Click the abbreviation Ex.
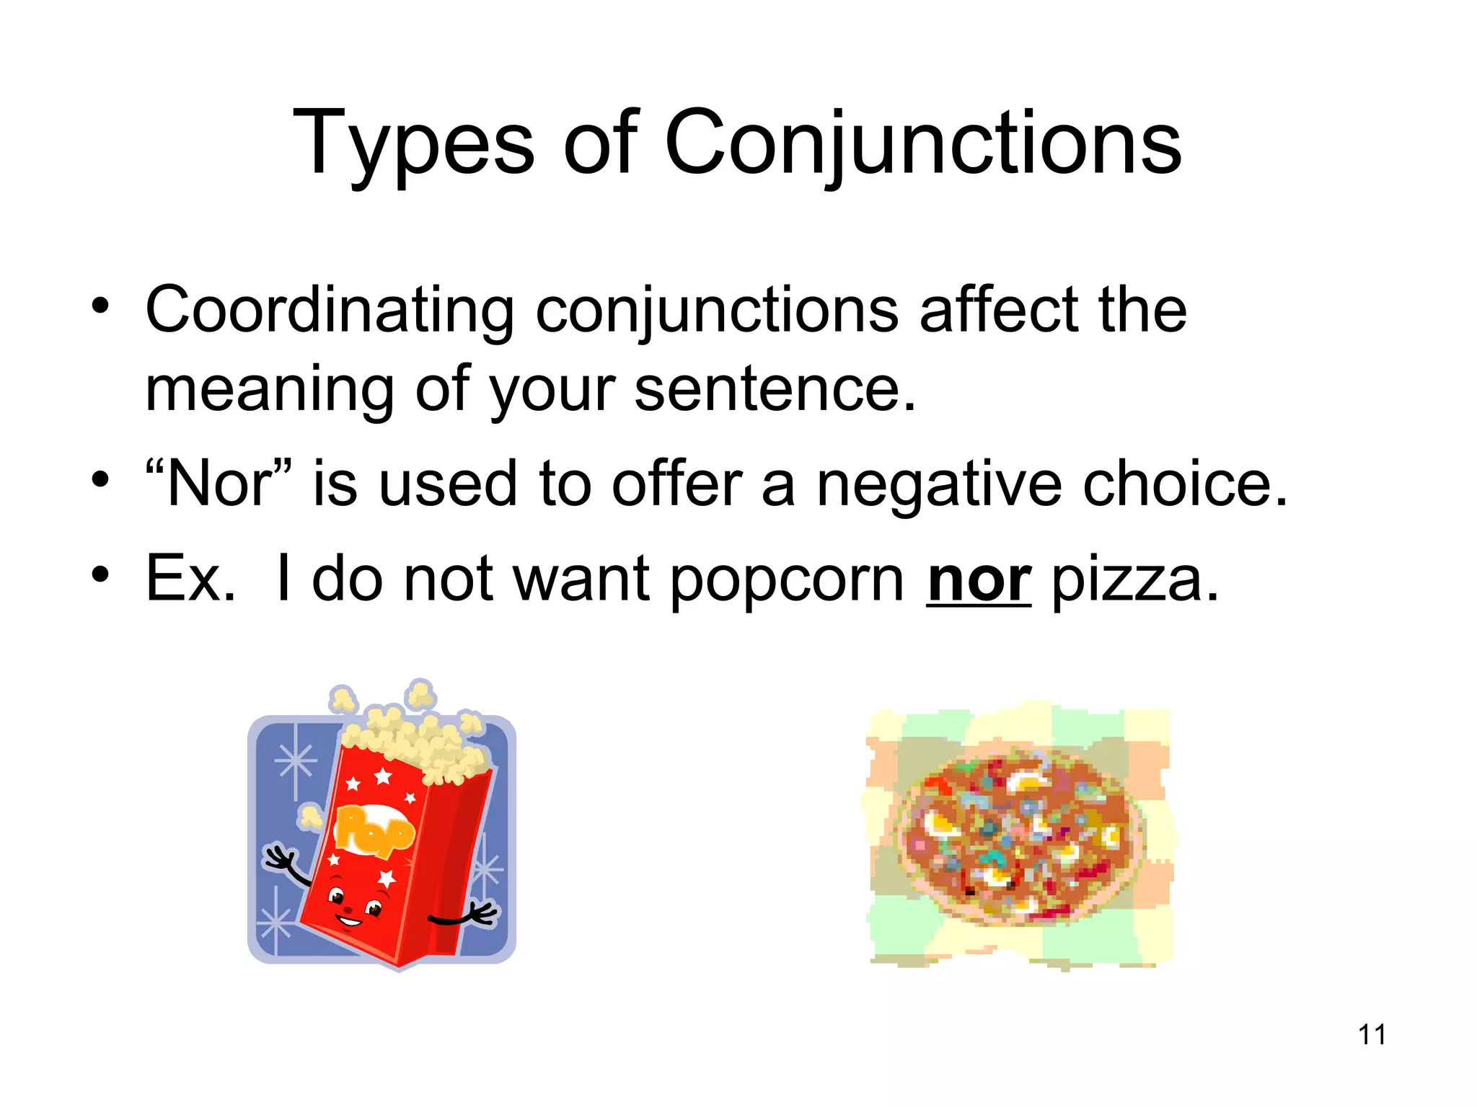coord(190,578)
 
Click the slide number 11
coord(1372,1035)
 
